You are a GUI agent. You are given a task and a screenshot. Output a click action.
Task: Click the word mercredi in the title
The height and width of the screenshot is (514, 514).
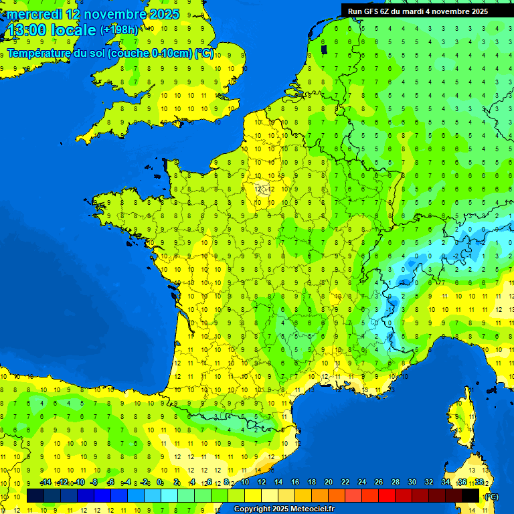tap(34, 14)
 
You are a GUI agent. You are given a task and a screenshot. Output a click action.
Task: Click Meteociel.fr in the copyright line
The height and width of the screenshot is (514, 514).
tap(313, 509)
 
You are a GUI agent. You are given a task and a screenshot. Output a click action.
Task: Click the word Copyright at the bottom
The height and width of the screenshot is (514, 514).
tap(251, 509)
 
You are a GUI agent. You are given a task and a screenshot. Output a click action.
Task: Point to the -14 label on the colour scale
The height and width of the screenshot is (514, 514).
tap(46, 483)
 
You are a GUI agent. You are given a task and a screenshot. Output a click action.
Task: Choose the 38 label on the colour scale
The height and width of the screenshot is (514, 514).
tap(479, 483)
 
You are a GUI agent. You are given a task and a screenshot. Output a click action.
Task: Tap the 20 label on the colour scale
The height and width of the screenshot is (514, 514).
tap(328, 483)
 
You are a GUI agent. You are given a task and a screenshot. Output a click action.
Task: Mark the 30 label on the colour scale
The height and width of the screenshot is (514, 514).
tap(412, 483)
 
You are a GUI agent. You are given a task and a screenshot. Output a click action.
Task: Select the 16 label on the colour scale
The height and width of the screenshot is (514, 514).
tap(294, 483)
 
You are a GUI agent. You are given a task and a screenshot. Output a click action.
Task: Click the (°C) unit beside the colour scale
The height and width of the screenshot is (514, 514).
tap(491, 497)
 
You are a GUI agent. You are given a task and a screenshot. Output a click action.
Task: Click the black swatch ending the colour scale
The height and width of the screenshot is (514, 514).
tap(470, 496)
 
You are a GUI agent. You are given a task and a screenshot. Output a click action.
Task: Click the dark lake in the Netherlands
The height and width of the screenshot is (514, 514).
tap(325, 48)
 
